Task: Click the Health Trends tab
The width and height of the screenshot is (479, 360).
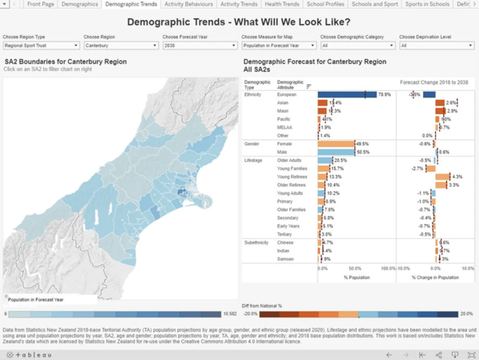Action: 284,5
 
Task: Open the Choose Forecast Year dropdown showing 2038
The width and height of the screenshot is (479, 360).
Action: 198,45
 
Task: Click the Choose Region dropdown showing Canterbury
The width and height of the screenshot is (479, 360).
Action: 119,45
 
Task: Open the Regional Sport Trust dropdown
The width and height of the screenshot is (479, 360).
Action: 40,45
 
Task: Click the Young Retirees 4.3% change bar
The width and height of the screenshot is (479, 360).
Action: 443,176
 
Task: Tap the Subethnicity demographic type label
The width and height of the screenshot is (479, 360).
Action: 257,242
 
